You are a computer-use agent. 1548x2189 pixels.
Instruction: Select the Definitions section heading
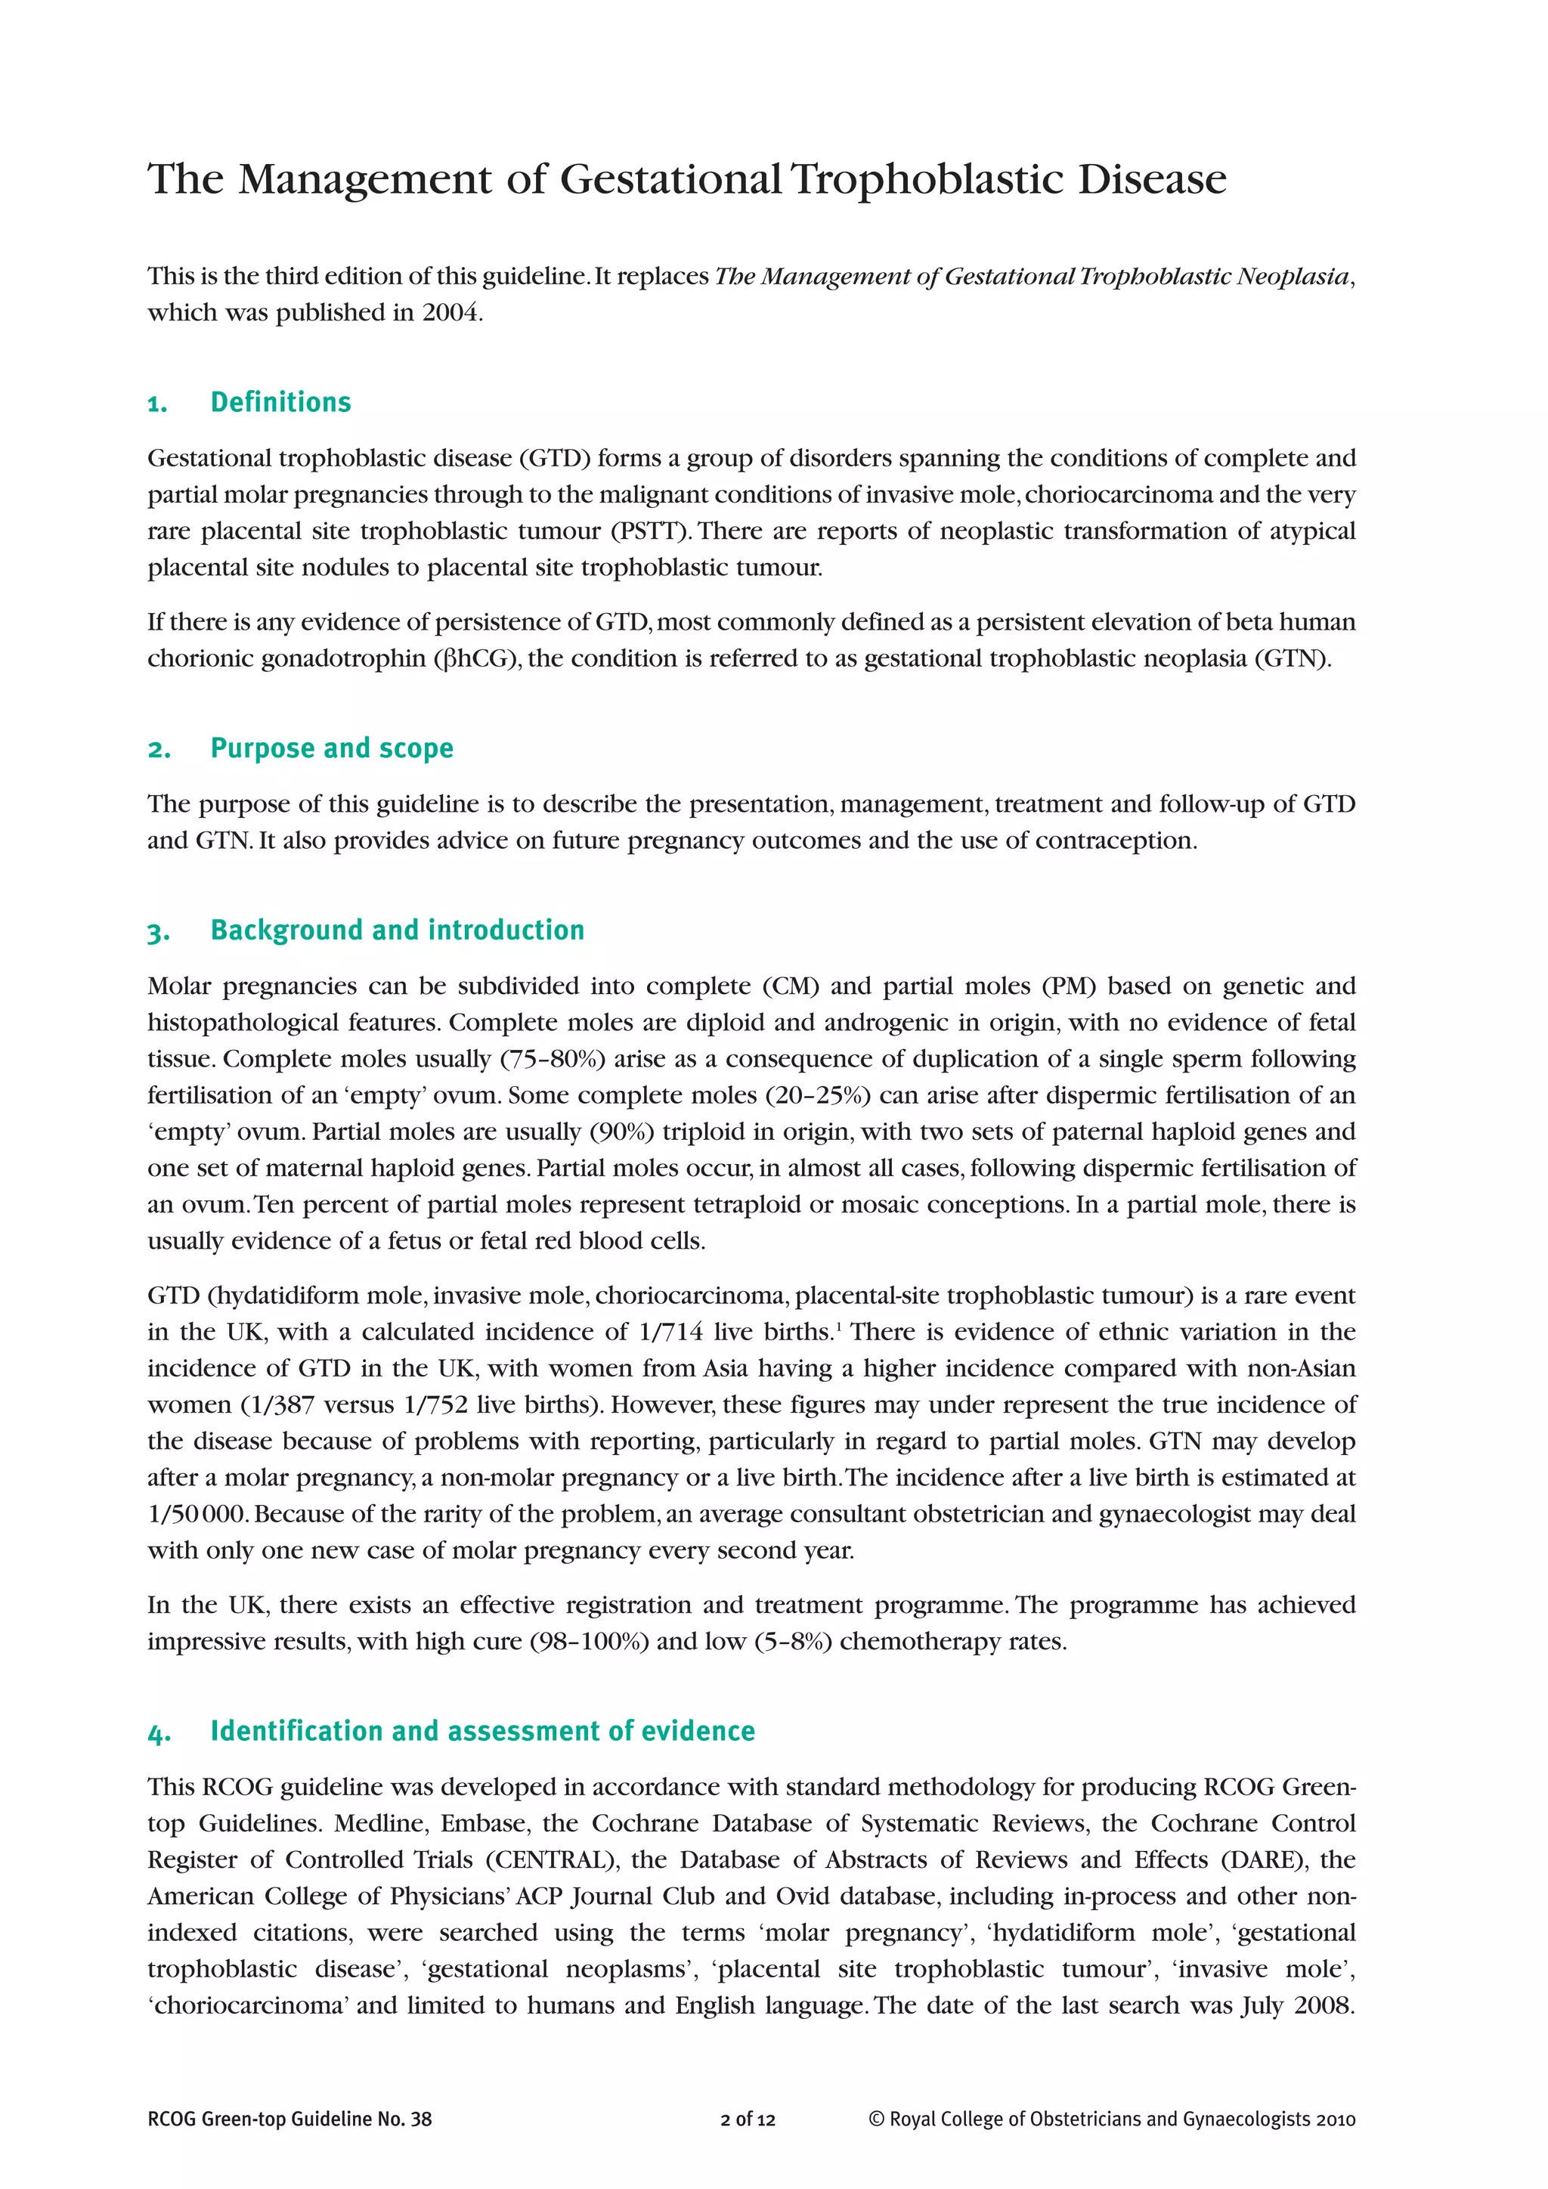coord(280,402)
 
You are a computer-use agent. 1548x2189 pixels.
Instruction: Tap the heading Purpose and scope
coord(332,748)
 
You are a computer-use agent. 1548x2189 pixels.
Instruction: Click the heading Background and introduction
coord(398,930)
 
